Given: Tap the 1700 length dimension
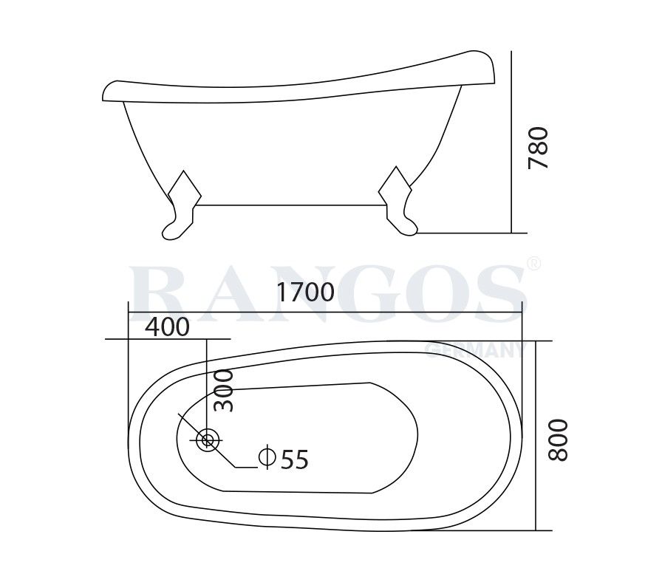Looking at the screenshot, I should pyautogui.click(x=306, y=293).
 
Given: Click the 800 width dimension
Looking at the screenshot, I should pyautogui.click(x=559, y=440).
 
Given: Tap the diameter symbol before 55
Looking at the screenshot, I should pyautogui.click(x=267, y=459).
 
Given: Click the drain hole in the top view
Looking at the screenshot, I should pyautogui.click(x=208, y=440).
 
